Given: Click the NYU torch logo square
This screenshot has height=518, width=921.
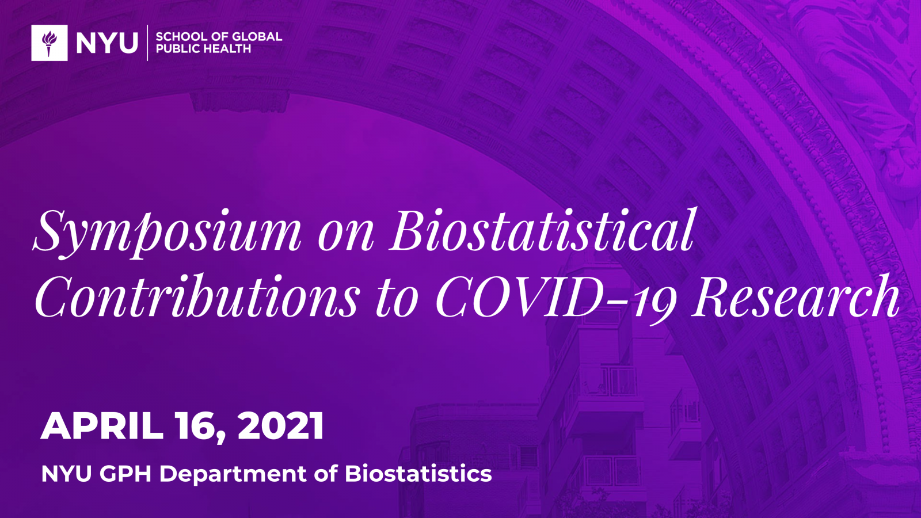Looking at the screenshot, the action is pos(50,43).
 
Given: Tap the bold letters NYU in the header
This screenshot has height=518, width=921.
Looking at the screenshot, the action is pos(107,43).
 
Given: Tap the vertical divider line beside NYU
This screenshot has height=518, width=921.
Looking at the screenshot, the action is pos(147,43).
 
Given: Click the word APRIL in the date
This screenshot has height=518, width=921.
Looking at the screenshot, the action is pos(101,426).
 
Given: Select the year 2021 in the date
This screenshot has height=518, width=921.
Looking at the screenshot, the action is pos(281,426).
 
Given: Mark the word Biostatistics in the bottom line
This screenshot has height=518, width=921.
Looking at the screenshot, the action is pos(418,474).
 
